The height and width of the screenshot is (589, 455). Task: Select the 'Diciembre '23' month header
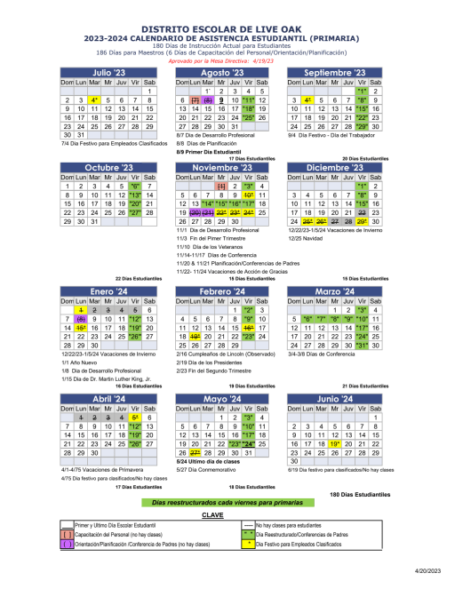point(334,167)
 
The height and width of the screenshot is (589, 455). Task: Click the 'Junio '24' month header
point(334,400)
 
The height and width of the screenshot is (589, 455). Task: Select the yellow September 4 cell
point(307,101)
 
